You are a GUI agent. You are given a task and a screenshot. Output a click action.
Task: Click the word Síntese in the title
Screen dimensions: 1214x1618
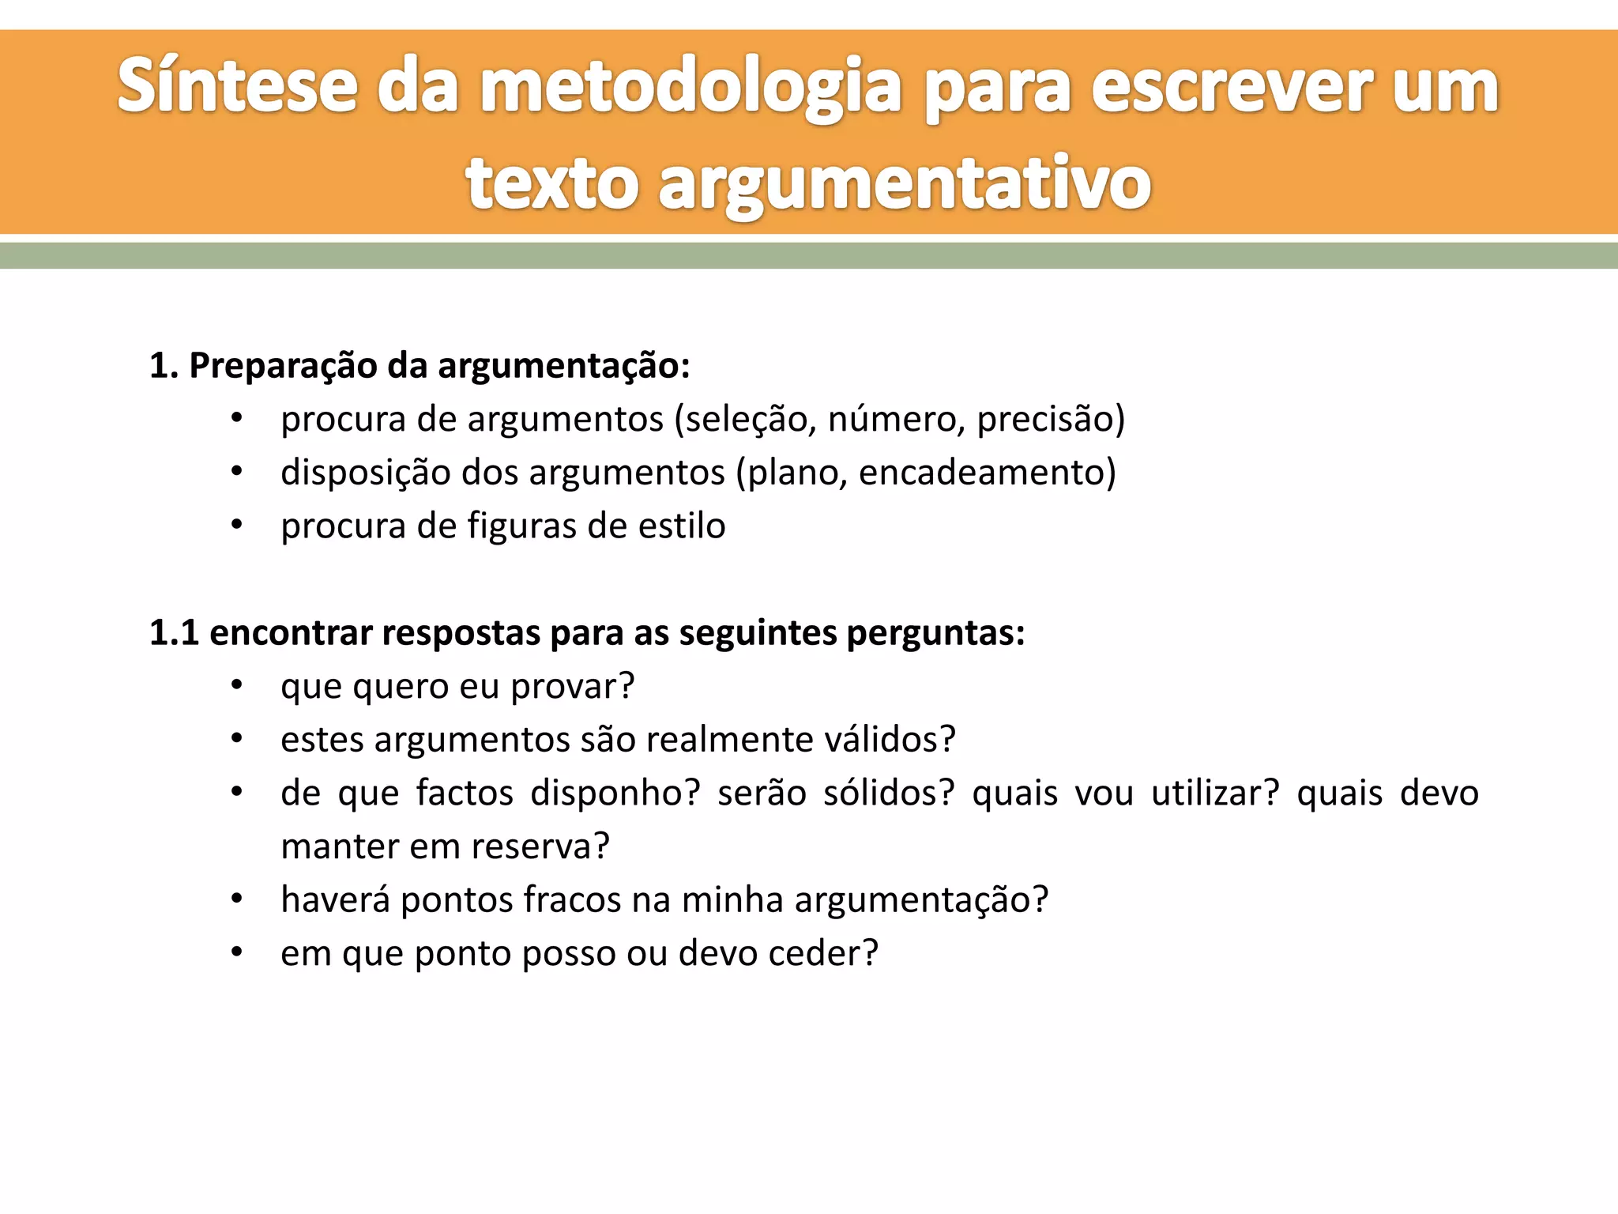237,87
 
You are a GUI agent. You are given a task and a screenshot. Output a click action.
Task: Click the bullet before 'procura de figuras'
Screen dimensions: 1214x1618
236,526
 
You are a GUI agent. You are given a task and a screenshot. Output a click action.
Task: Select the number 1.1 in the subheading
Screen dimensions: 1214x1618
173,633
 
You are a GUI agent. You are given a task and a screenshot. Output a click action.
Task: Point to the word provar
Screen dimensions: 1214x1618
573,687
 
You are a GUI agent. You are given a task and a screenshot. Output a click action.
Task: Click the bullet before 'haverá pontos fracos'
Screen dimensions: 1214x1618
236,900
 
